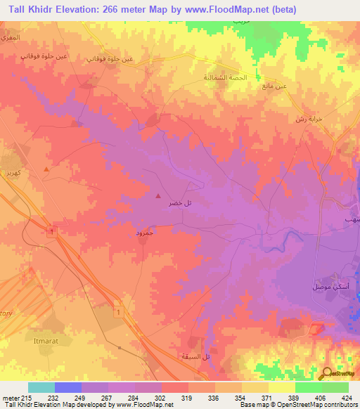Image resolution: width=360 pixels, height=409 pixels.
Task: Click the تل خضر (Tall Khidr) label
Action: click(x=180, y=203)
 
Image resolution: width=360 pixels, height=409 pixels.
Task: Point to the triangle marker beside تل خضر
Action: click(x=158, y=196)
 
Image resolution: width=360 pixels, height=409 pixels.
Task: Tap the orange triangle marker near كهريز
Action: click(x=46, y=169)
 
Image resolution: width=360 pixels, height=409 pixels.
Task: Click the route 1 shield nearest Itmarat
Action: click(x=119, y=311)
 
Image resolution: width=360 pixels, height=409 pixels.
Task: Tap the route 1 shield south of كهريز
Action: click(x=51, y=231)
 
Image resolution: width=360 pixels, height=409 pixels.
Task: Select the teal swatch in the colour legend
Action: click(x=41, y=387)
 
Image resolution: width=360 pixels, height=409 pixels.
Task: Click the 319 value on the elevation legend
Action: click(x=187, y=398)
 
